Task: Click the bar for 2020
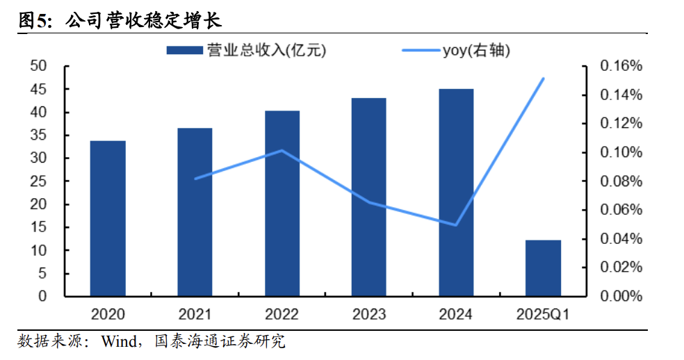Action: coord(108,219)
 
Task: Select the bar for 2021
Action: coord(195,213)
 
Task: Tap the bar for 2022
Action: coord(282,204)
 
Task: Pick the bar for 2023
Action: coord(368,197)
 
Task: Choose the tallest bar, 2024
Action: coord(455,193)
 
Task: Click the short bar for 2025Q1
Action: coord(543,268)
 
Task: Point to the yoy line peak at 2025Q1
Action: coord(543,79)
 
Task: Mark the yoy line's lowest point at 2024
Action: coord(456,225)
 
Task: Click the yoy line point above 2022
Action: coord(282,150)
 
